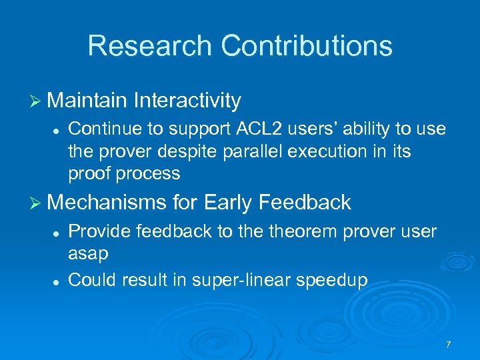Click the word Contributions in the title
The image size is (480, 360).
(307, 46)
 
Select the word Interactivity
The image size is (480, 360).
(187, 101)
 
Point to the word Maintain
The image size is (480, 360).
(87, 101)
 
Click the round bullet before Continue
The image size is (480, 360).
(59, 128)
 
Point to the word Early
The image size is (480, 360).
(229, 203)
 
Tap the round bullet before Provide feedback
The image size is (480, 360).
(59, 232)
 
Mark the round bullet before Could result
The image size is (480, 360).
(59, 280)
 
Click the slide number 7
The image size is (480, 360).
(448, 345)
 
